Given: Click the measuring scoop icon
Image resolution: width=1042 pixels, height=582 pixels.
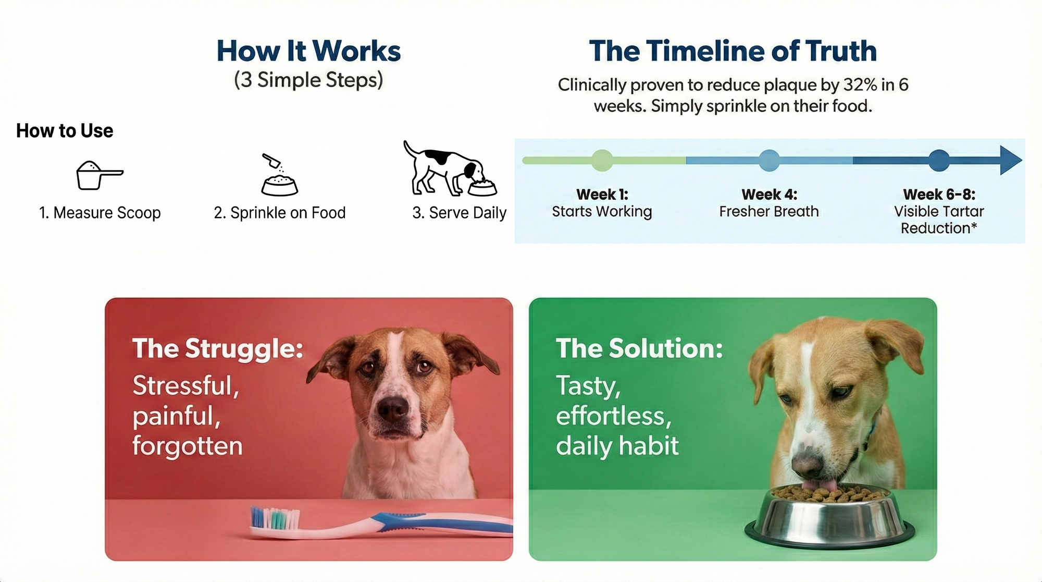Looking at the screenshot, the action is click(x=99, y=175).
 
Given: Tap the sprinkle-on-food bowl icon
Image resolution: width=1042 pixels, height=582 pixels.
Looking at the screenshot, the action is click(x=280, y=175).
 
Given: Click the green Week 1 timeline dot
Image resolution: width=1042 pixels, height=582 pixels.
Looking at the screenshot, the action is click(x=602, y=160).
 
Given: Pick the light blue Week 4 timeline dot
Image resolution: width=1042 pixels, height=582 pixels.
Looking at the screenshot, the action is click(x=769, y=160).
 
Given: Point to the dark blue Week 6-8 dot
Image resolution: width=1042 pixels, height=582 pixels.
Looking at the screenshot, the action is click(x=939, y=160).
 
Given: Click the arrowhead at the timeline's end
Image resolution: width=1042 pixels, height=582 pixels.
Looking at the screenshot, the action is click(x=1011, y=160).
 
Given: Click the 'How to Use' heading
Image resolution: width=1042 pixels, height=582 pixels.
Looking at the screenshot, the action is click(x=65, y=131).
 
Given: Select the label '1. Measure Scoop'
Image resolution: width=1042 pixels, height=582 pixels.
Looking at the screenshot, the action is click(x=100, y=213).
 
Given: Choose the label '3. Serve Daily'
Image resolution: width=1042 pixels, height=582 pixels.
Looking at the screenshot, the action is click(x=459, y=213).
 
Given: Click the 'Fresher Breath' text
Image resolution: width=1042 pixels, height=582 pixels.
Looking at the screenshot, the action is click(x=769, y=211).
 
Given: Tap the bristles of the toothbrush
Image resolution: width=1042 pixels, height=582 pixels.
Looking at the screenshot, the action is click(x=275, y=517).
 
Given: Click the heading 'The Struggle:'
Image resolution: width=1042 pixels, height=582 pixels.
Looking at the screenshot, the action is click(x=218, y=349).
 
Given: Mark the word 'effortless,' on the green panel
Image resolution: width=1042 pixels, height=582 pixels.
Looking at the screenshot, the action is click(x=614, y=416).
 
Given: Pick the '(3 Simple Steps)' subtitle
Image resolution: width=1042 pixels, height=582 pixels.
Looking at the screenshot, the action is click(x=308, y=80).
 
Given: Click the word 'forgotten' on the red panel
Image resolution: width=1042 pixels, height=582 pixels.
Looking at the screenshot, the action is click(x=188, y=447).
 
